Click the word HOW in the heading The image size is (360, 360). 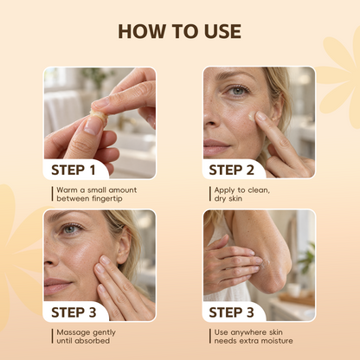click(x=142, y=31)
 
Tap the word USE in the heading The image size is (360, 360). click(x=222, y=31)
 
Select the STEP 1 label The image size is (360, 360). click(x=74, y=170)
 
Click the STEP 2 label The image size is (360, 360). click(x=231, y=170)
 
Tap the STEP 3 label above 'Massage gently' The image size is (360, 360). click(x=74, y=312)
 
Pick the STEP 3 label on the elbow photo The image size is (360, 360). click(x=231, y=312)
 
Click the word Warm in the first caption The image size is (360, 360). click(x=67, y=190)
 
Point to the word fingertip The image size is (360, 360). click(x=107, y=199)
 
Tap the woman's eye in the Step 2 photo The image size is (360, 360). click(x=238, y=91)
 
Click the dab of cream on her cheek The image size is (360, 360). click(x=252, y=116)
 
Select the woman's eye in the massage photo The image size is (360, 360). click(x=71, y=229)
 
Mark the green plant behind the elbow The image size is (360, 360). click(x=306, y=257)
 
